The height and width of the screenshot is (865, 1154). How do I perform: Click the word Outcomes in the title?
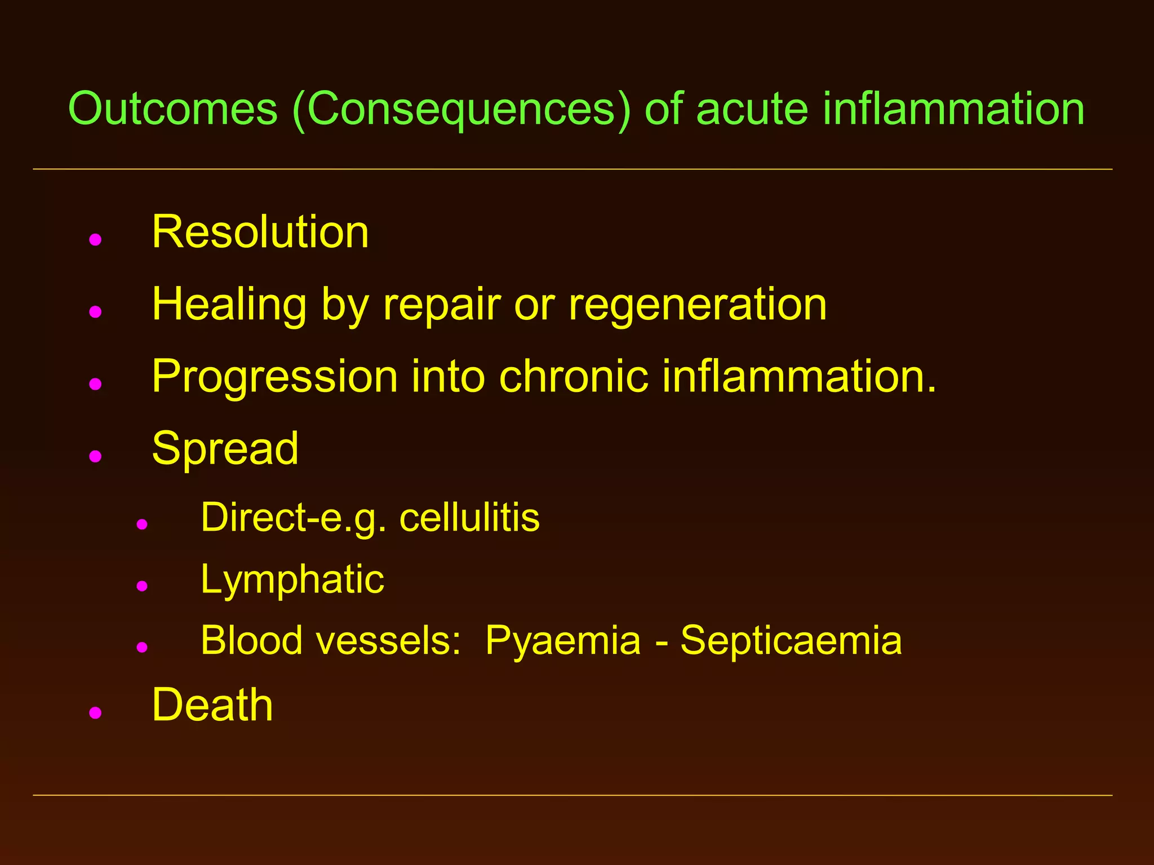coord(173,109)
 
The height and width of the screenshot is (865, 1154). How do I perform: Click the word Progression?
coord(275,376)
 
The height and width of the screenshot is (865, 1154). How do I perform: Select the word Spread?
coord(225,449)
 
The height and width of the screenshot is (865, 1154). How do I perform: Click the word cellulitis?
coord(469,518)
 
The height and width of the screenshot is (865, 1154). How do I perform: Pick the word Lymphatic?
coord(292,579)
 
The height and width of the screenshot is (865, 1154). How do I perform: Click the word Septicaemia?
coord(791,641)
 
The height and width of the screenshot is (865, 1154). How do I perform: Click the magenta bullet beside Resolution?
coord(95,240)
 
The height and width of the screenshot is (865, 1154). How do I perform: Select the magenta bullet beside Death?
coord(95,713)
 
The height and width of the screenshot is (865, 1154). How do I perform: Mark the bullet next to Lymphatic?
coord(142,586)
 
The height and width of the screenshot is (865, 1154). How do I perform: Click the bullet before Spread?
coord(95,456)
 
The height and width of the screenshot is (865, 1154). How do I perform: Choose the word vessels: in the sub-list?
coord(388,641)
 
